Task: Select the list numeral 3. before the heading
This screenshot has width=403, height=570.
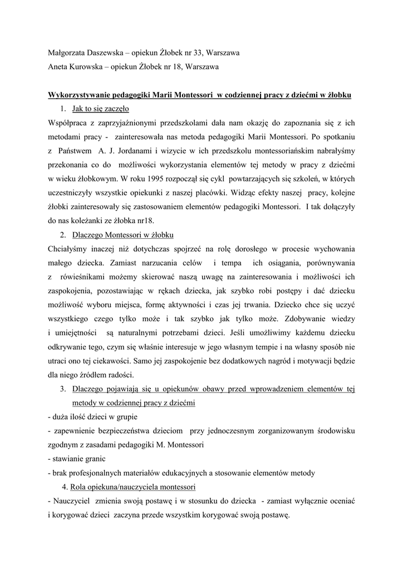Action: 64,388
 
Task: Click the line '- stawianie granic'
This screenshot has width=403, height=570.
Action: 76,459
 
